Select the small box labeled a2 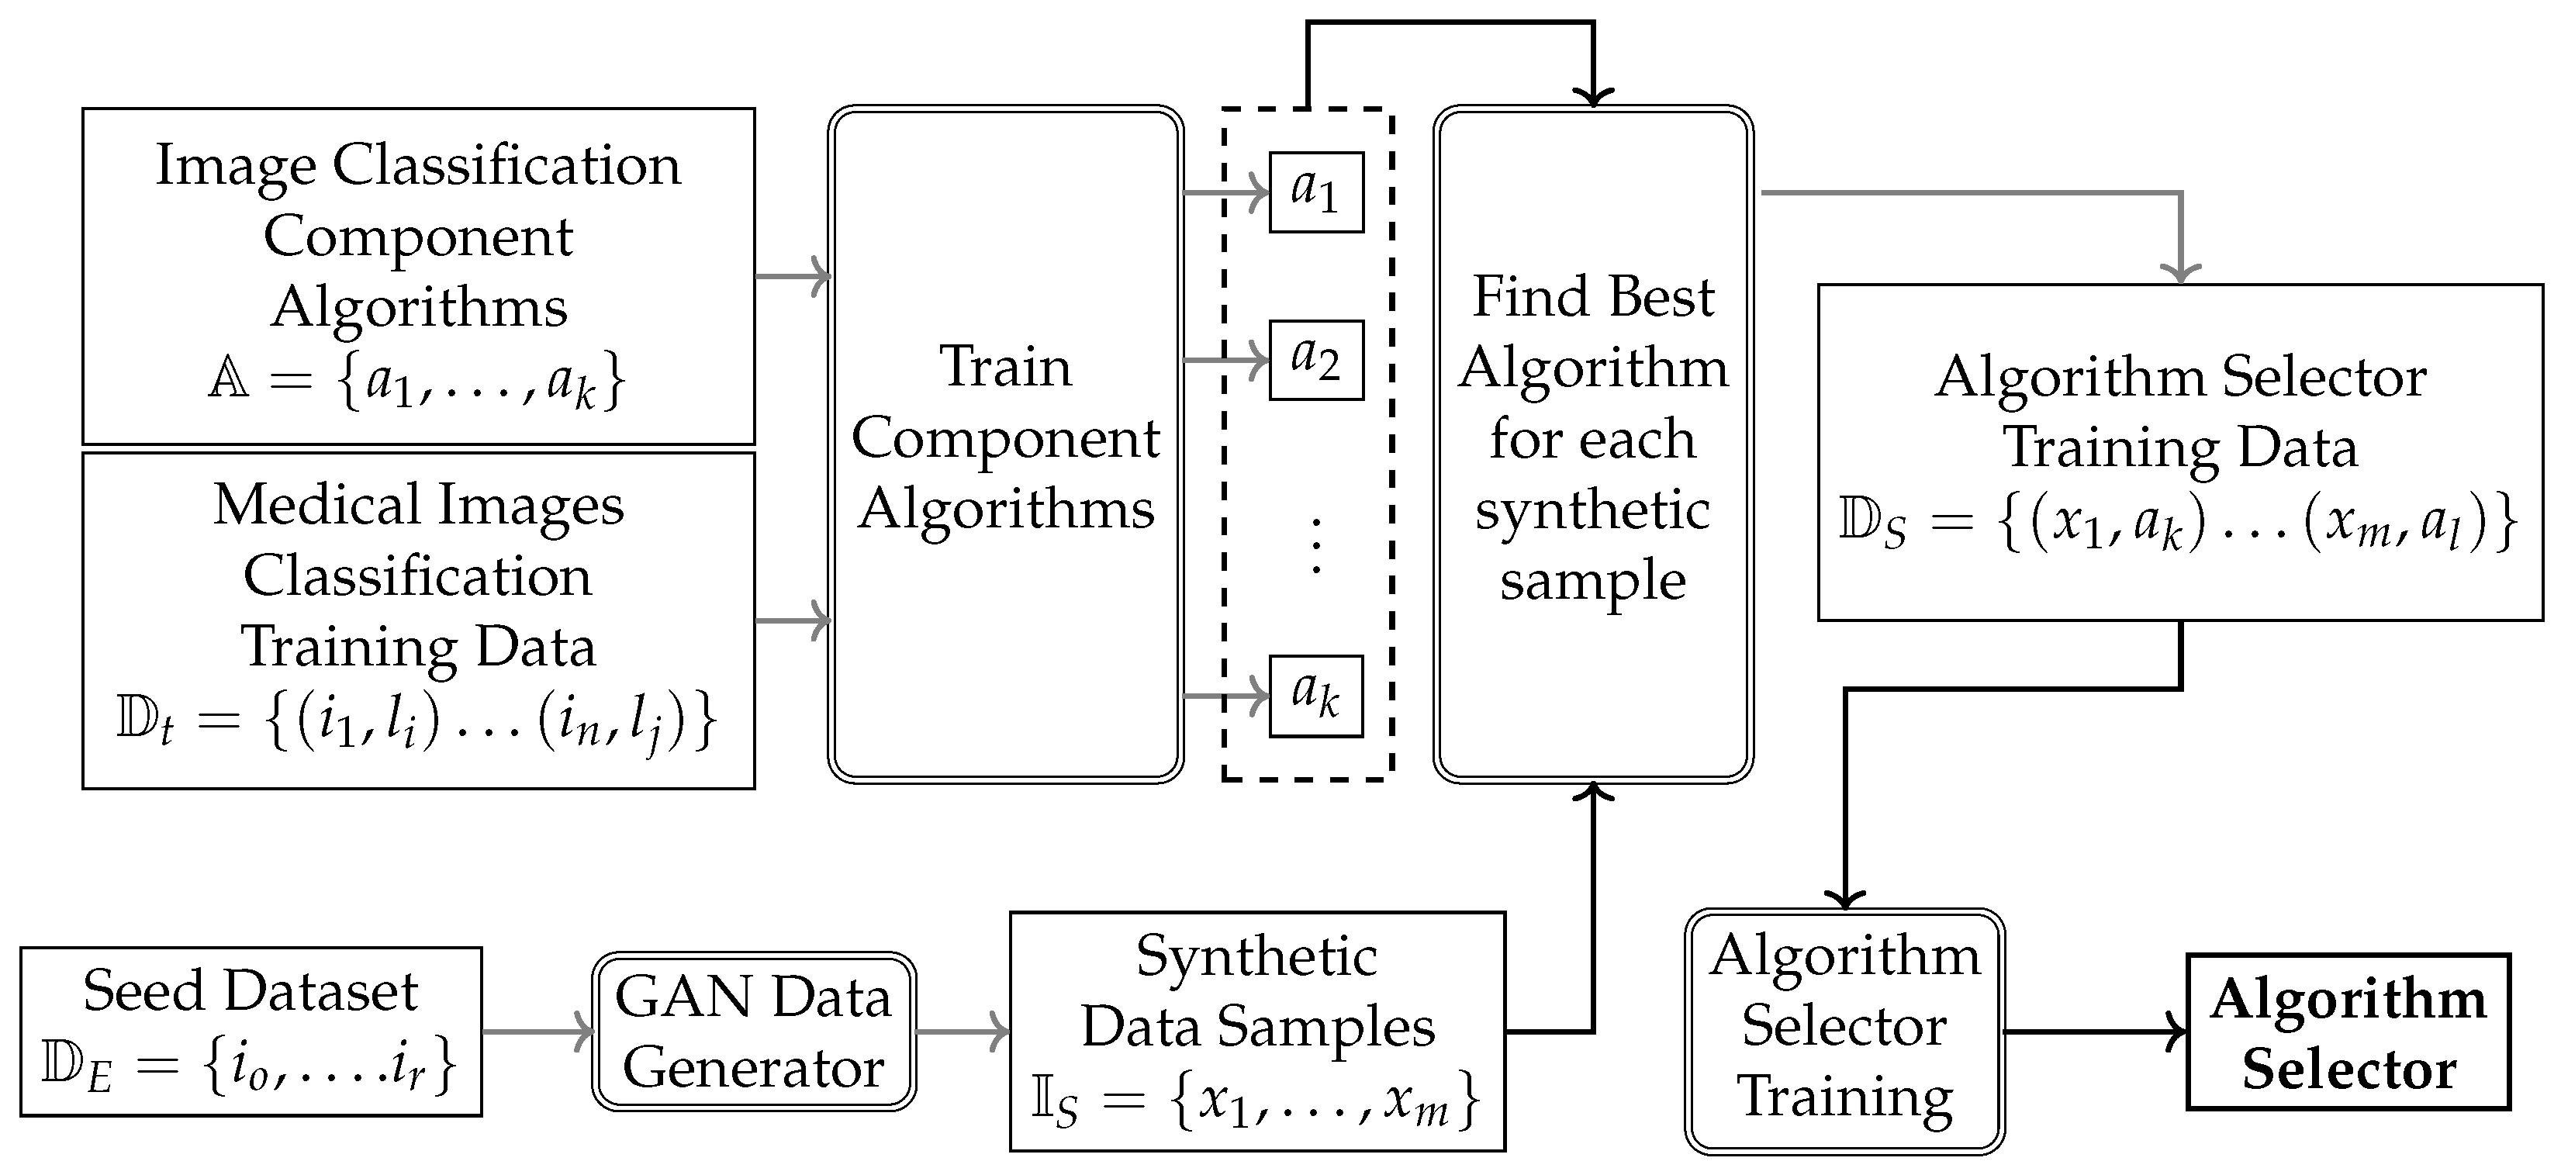click(x=1315, y=360)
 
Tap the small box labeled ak click(x=1315, y=696)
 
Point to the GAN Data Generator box click(x=754, y=1032)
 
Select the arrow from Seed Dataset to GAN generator click(x=537, y=1032)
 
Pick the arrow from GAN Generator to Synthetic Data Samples click(x=962, y=1032)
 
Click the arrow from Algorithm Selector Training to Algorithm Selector click(x=2093, y=1032)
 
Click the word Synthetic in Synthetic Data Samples click(x=1256, y=956)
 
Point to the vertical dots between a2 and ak click(x=1316, y=547)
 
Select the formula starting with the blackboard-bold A click(x=417, y=381)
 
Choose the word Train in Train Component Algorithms click(x=1005, y=366)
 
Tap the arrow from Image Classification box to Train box click(x=793, y=275)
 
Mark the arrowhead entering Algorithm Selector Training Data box click(x=2180, y=271)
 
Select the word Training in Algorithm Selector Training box click(x=1844, y=1097)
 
